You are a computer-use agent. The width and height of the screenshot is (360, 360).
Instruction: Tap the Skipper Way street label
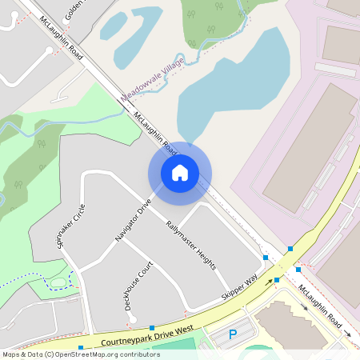[239, 289]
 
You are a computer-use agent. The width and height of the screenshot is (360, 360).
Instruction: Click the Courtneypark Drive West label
[148, 335]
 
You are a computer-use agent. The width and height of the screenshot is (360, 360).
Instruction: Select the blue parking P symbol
[233, 334]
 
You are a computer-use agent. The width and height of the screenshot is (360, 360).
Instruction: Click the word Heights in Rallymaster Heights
[204, 255]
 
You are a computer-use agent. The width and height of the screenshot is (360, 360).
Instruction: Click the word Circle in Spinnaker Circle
[78, 214]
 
